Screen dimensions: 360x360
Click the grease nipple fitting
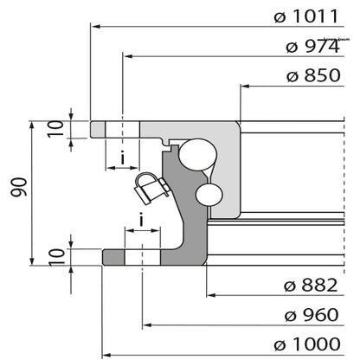[147, 186]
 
